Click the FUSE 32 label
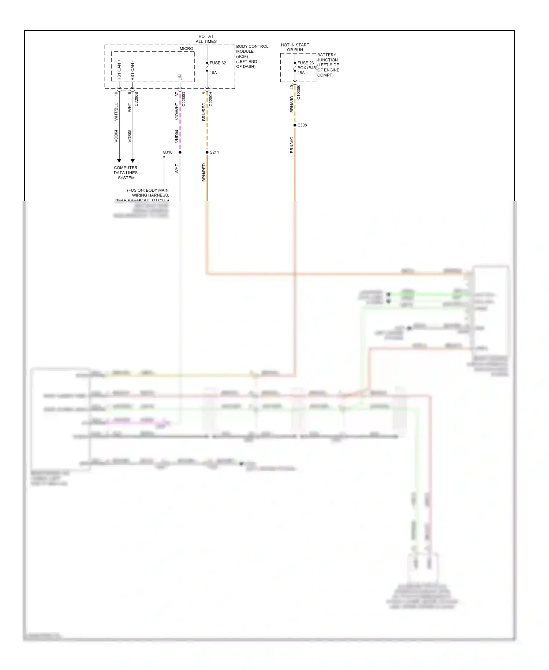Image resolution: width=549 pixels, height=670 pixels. (x=218, y=63)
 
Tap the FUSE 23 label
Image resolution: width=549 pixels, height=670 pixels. (x=305, y=63)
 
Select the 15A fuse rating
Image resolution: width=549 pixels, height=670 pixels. (x=301, y=73)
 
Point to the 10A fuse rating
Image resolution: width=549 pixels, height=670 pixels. (x=213, y=73)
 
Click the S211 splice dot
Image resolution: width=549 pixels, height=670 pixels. (x=207, y=152)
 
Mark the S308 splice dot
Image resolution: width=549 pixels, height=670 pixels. (x=295, y=125)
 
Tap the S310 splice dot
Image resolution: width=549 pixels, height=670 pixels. (x=180, y=152)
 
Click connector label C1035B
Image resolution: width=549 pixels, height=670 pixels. (x=299, y=92)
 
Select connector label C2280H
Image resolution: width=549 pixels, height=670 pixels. (x=211, y=99)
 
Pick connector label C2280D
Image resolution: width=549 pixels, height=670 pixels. (x=184, y=99)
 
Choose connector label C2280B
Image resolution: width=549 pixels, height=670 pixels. (x=137, y=99)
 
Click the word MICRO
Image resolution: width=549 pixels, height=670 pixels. (x=186, y=48)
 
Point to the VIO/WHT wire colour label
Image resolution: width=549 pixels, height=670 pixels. (x=177, y=111)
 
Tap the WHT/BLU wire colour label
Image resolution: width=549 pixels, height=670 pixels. (x=116, y=111)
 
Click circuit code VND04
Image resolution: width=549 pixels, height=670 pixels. (x=177, y=136)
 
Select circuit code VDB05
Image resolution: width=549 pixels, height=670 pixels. (x=130, y=136)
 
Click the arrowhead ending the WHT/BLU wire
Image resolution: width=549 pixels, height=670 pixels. (x=119, y=161)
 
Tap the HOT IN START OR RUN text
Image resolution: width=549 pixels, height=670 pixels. (x=295, y=47)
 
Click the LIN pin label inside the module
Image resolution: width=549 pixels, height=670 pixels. (x=180, y=77)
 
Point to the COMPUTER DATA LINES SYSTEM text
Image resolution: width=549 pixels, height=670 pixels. (x=126, y=173)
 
